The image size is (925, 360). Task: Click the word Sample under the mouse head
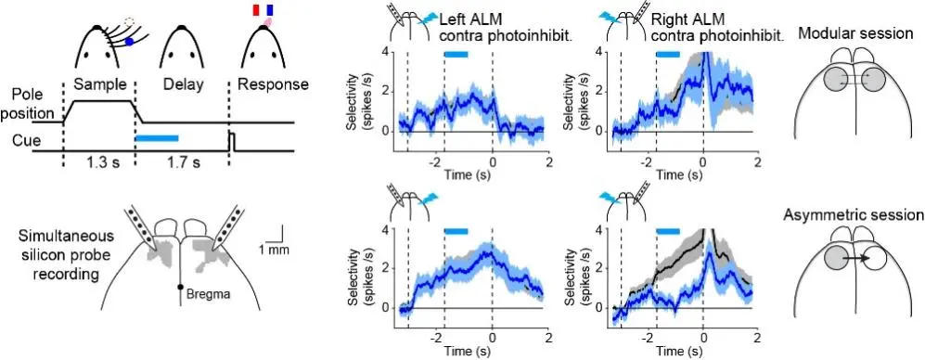point(98,84)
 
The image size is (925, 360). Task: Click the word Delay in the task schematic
point(182,84)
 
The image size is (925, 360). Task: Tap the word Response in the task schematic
point(273,84)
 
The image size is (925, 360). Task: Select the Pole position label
point(30,103)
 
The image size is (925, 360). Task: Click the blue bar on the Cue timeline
point(157,139)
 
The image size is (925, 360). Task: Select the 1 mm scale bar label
point(275,249)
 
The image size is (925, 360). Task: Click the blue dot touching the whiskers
point(130,41)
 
